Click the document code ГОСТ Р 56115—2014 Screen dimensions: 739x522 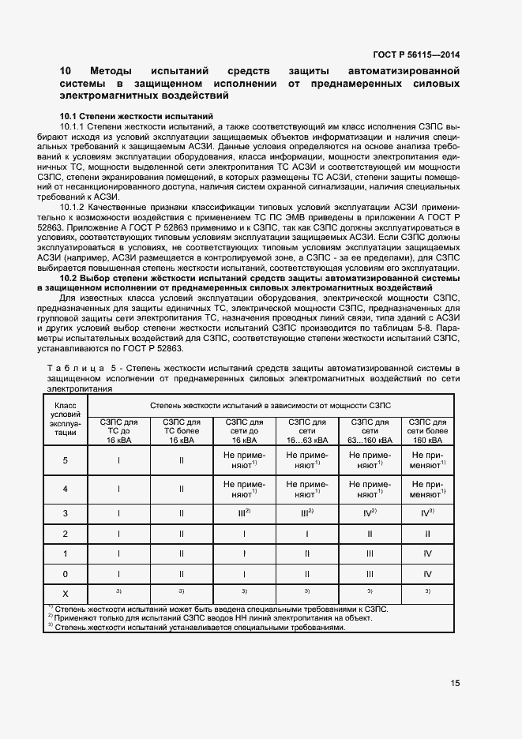tap(418, 56)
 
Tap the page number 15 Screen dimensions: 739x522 tap(455, 684)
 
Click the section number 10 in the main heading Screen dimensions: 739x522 tap(66, 71)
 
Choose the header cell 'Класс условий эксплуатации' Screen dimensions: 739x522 tap(65, 418)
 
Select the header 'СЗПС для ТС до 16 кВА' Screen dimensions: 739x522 tap(118, 432)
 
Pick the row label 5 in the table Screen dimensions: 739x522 tap(65, 460)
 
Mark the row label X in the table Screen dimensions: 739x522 tap(65, 591)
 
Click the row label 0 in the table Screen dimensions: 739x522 tap(65, 574)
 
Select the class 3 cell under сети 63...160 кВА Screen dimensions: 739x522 tap(369, 512)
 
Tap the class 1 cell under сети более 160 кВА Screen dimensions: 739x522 tap(426, 553)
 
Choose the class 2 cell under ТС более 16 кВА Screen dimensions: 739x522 tap(182, 534)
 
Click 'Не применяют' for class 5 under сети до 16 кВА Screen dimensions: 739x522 tap(244, 460)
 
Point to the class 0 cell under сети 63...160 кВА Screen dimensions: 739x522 tap(369, 574)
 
